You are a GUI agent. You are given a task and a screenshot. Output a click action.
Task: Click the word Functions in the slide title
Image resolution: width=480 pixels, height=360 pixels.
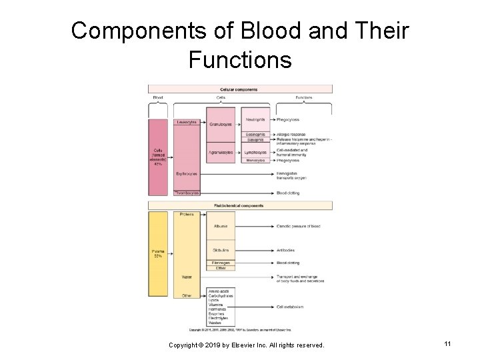click(240, 60)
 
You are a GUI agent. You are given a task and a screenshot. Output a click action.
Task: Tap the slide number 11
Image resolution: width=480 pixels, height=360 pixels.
click(447, 343)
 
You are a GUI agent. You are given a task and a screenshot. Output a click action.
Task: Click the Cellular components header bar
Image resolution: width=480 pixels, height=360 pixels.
click(240, 89)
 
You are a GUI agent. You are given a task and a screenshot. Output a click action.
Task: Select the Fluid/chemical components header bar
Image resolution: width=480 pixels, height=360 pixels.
click(240, 205)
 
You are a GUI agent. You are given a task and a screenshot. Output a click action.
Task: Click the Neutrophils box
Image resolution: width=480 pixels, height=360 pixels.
click(255, 120)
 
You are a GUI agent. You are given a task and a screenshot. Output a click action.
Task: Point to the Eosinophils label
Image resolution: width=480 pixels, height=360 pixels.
click(255, 135)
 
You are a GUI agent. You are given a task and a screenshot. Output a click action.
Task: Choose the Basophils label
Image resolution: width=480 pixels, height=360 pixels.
click(255, 140)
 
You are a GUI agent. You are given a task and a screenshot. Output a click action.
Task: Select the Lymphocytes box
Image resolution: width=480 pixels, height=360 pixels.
click(255, 153)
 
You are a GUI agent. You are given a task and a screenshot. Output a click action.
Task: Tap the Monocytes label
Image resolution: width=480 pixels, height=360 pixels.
click(255, 161)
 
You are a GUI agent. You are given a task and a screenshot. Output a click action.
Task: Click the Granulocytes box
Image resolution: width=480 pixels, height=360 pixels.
click(221, 125)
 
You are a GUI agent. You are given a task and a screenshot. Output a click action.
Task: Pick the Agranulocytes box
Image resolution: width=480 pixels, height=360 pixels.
click(221, 153)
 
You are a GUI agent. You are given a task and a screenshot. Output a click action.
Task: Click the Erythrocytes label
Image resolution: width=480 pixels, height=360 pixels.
click(187, 174)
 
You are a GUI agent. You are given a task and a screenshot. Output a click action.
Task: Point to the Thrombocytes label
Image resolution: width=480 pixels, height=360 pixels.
click(187, 193)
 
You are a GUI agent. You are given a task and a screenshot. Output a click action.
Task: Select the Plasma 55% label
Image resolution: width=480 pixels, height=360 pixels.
click(157, 254)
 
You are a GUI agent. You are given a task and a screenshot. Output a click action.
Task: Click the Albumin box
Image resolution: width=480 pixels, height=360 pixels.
click(221, 226)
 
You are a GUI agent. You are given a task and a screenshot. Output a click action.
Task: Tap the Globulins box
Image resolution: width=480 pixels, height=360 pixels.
click(221, 251)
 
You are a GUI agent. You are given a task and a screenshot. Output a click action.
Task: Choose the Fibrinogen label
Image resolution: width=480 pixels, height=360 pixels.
click(221, 263)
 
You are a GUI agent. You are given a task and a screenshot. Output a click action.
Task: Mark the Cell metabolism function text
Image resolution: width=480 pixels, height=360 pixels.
click(290, 307)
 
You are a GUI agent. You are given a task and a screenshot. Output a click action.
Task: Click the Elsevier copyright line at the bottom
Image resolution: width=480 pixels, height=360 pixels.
click(247, 345)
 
